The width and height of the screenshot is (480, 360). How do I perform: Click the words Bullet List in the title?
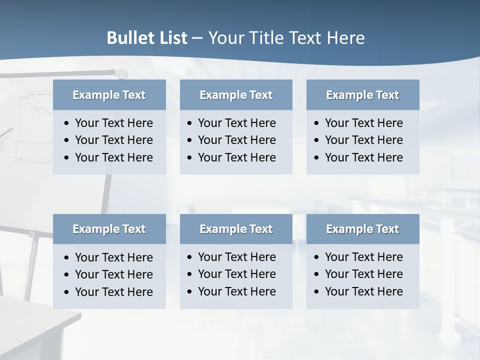point(147,38)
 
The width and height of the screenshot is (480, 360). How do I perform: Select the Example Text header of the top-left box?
point(109,95)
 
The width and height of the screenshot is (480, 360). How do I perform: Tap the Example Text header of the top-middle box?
point(236,95)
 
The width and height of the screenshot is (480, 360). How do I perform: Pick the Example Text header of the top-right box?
point(362,95)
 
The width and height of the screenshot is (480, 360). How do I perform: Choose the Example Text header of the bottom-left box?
point(109,229)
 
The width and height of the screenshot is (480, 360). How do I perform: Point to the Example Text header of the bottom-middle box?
point(236,229)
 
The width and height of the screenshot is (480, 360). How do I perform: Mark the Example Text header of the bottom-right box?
point(362,229)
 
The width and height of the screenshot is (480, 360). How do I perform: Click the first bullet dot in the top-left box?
point(67,123)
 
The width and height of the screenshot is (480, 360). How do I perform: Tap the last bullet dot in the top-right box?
point(317,158)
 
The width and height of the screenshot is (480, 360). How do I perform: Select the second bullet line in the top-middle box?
point(236,140)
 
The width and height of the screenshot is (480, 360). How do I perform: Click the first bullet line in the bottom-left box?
point(113,257)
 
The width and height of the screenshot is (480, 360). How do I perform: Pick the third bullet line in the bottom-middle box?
point(236,291)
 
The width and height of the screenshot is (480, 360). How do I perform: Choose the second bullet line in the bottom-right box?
point(363,274)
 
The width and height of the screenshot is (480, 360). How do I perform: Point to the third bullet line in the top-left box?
point(113,157)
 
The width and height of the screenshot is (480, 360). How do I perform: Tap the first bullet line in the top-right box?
point(363,123)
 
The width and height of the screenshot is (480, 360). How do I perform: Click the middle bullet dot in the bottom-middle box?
point(190,274)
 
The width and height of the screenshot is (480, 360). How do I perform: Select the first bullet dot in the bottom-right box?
point(317,257)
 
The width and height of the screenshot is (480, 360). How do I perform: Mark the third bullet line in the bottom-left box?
point(113,292)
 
